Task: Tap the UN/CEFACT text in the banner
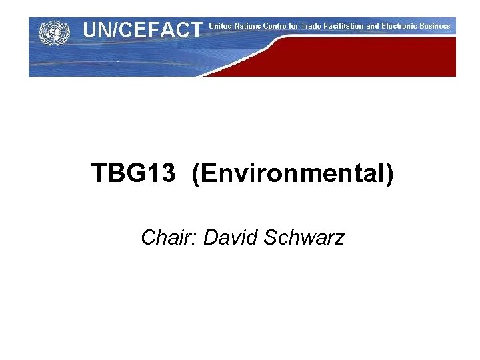141,30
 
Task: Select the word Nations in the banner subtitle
251,26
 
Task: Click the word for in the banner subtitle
303,26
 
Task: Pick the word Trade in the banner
323,26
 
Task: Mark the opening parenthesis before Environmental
195,174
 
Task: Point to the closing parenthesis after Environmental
389,174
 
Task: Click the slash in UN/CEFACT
117,30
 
